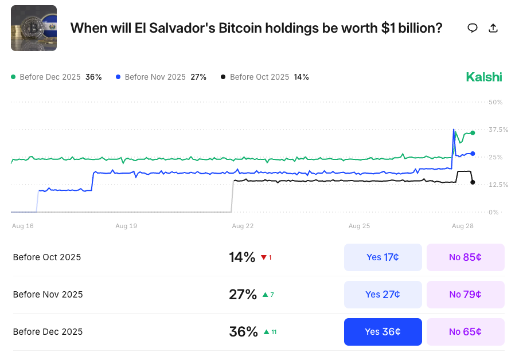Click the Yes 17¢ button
(383, 257)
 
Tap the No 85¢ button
(465, 257)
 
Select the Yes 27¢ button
(383, 295)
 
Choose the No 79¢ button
(465, 295)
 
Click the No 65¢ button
(465, 332)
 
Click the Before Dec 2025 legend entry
(56, 77)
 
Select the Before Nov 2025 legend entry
(161, 77)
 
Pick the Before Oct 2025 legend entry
(264, 77)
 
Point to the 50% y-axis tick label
(495, 102)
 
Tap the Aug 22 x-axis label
(243, 226)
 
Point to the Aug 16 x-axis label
(23, 226)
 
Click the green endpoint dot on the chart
(473, 133)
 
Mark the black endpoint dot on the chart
(473, 182)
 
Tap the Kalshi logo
(484, 77)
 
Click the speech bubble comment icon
(473, 28)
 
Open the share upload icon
(493, 28)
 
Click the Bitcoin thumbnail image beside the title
(34, 28)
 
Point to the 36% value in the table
(243, 332)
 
